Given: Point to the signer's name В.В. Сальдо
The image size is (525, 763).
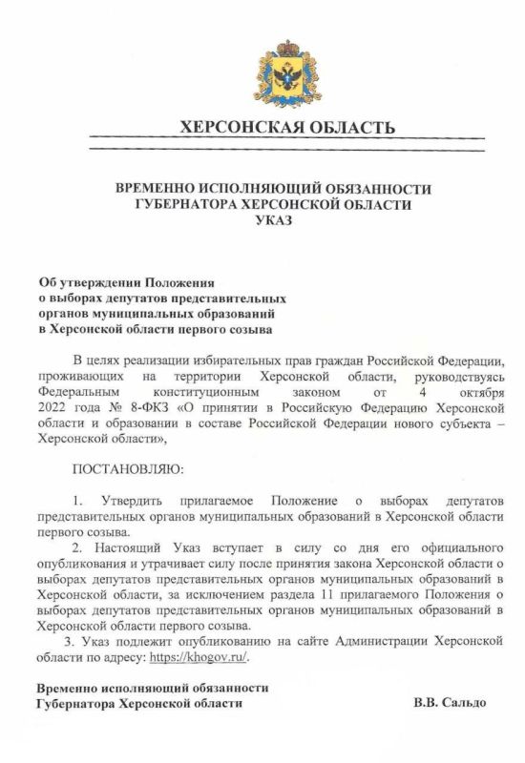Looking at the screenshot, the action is tap(450, 703).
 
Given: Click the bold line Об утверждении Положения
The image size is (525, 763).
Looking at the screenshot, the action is tap(127, 283).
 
